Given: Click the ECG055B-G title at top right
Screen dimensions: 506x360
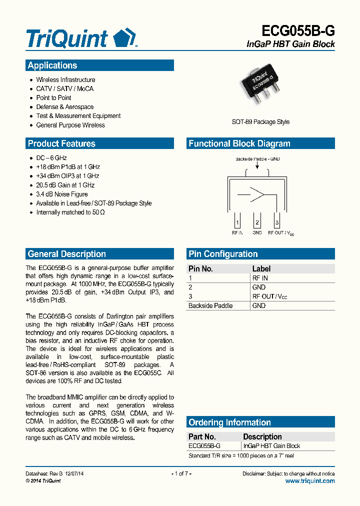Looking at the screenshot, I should point(298,31).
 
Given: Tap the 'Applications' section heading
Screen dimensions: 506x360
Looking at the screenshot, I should point(52,65).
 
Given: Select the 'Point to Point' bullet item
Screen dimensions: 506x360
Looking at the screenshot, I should point(53,98).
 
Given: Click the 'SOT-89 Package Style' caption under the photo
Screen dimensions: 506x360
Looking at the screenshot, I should point(260,122).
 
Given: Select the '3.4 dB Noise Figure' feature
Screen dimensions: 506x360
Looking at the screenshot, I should point(61,194).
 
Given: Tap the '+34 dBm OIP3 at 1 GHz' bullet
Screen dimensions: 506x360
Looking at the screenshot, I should point(67,176).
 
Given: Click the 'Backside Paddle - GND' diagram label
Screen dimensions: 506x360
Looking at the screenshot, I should point(257,159).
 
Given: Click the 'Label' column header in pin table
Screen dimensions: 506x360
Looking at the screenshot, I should point(261,268).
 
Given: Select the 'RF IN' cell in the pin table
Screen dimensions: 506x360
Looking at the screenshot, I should point(260,278).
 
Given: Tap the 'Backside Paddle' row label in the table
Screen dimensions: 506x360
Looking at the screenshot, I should point(210,305).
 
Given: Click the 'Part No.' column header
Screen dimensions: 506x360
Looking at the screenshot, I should point(202,436).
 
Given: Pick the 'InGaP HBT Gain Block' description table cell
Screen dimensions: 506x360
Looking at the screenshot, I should point(271,446).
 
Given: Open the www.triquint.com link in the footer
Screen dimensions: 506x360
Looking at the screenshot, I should point(310,481).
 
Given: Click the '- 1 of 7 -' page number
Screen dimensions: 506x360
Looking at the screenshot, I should point(181,473).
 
